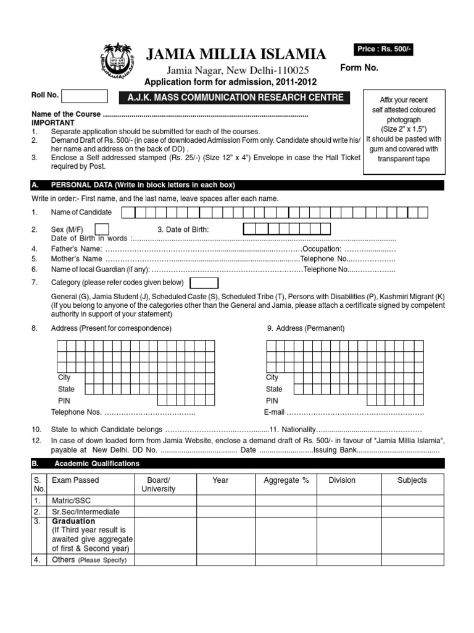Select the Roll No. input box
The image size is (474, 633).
coord(85,96)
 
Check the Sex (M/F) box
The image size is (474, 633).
coord(102,229)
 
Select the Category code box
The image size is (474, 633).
coord(204,283)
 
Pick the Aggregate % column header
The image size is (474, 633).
coord(286,480)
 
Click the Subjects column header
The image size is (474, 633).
coord(412,480)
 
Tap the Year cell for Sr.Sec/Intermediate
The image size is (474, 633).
coord(220,512)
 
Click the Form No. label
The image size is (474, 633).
coord(359,68)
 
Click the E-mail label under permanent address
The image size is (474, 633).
coord(274,412)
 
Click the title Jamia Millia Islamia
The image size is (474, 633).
coord(236,55)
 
